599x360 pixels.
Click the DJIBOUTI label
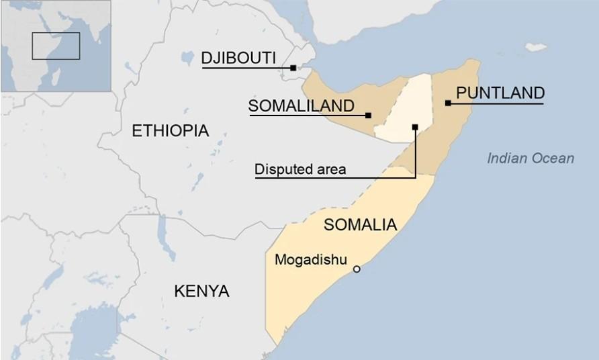238,58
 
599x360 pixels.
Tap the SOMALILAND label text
301,106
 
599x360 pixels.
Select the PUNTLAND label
500,93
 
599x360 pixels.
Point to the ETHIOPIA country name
170,131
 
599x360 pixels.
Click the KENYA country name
201,291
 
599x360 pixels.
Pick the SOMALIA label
360,225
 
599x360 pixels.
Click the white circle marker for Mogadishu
357,269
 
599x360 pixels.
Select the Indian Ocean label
531,159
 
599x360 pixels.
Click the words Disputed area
300,170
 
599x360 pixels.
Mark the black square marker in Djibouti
293,68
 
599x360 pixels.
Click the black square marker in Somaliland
368,116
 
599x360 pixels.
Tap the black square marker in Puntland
448,103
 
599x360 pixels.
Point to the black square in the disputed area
415,126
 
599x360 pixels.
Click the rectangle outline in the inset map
56,46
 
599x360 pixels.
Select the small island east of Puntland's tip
536,47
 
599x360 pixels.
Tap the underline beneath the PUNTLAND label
497,103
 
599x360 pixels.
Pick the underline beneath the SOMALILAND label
309,116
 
